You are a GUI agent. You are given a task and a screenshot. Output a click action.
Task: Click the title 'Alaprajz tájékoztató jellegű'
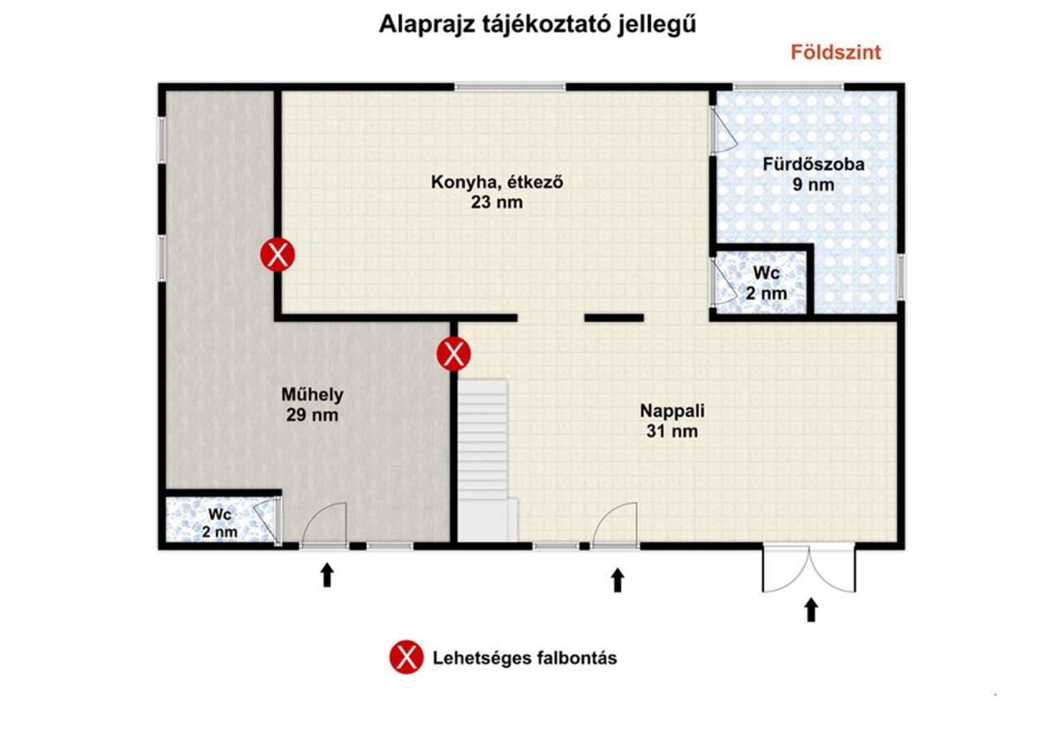click(537, 25)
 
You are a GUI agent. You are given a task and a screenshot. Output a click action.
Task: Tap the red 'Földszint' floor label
click(835, 52)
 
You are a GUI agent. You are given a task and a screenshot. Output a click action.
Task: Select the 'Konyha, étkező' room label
click(497, 182)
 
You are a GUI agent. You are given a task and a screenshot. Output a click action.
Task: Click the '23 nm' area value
click(497, 202)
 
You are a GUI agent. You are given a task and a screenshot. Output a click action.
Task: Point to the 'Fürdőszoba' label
click(813, 164)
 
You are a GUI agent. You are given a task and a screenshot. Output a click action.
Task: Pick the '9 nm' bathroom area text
click(813, 184)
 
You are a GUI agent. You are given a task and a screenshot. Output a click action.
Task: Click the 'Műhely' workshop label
click(312, 394)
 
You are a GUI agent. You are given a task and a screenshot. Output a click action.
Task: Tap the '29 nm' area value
click(312, 415)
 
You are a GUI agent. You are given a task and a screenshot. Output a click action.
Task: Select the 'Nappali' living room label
click(672, 411)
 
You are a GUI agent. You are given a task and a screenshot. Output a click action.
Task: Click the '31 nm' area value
click(672, 432)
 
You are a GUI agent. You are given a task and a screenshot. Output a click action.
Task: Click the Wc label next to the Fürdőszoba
click(767, 273)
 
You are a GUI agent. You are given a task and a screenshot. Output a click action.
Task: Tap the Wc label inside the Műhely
click(220, 514)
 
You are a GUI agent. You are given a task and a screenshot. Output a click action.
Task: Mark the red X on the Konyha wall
click(277, 255)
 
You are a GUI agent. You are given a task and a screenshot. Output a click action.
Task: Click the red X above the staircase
click(453, 354)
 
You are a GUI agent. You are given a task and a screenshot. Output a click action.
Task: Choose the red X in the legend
click(406, 657)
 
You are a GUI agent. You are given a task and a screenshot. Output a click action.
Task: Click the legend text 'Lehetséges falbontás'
click(525, 658)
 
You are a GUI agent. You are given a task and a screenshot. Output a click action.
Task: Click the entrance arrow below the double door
click(811, 610)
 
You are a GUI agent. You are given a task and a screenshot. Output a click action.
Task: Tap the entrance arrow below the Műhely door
click(326, 574)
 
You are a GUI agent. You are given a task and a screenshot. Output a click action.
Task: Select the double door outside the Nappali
click(809, 569)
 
